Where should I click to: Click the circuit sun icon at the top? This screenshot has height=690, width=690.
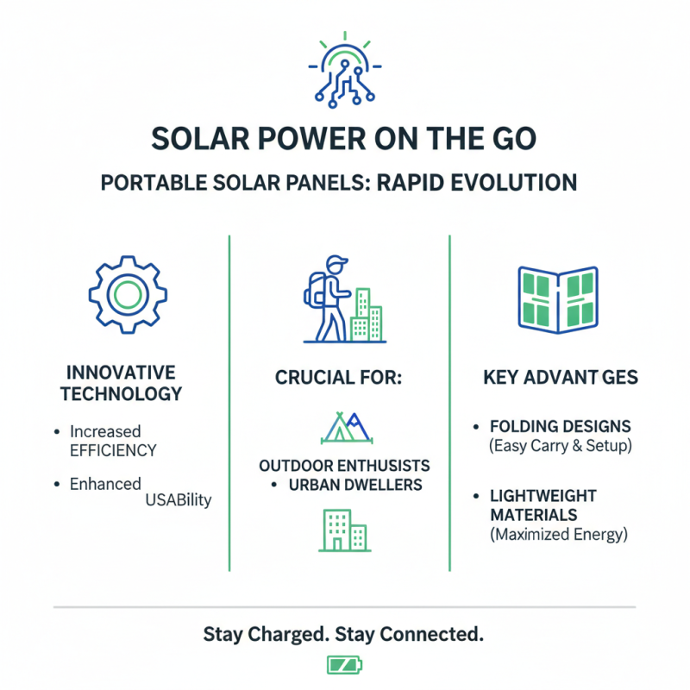[x=344, y=71]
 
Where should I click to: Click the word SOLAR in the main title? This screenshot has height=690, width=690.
[x=201, y=139]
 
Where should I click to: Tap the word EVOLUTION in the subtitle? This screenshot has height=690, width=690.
[x=514, y=183]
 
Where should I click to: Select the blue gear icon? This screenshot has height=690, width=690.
[x=128, y=294]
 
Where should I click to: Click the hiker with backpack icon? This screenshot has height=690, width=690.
[x=328, y=298]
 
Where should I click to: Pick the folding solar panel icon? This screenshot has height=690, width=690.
[x=558, y=299]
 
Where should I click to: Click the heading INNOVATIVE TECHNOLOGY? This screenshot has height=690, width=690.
[x=121, y=383]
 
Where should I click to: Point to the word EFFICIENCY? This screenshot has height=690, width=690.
[x=113, y=450]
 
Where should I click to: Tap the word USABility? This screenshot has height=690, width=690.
[x=179, y=500]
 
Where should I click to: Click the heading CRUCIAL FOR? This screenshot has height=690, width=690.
[x=338, y=378]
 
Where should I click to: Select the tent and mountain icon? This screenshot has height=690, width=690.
[x=347, y=427]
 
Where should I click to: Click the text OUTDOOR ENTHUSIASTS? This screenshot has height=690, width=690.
[x=344, y=466]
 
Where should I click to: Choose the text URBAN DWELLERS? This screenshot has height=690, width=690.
[x=355, y=485]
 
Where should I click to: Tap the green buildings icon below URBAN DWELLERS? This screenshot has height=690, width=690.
[x=344, y=530]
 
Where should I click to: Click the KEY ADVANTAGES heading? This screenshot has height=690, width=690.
[x=561, y=377]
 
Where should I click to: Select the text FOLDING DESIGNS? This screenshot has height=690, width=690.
[x=561, y=426]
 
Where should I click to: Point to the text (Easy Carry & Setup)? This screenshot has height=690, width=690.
[x=561, y=446]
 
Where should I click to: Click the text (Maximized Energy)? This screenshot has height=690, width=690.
[x=559, y=534]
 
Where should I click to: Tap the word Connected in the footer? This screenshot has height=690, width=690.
[x=431, y=634]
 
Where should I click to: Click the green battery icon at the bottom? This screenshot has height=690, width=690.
[x=344, y=664]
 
